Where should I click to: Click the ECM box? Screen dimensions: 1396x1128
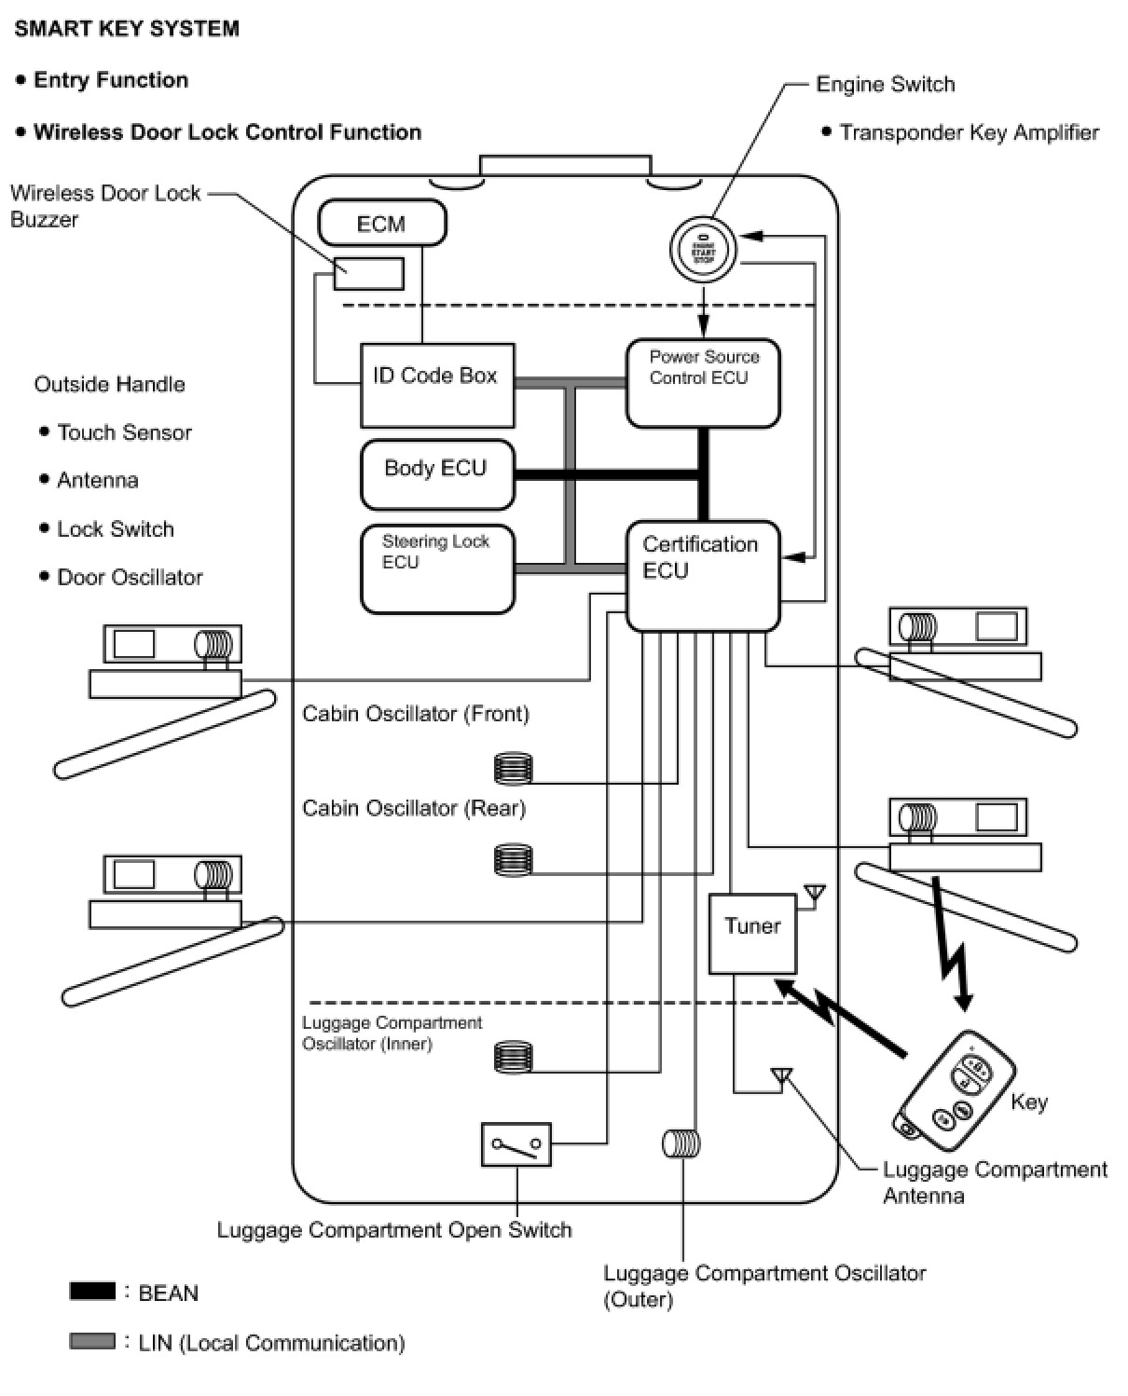coord(382,224)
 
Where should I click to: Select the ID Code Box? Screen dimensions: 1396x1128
coord(436,385)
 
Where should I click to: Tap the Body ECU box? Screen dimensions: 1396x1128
coord(437,474)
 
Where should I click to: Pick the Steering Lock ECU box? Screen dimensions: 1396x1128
coord(437,569)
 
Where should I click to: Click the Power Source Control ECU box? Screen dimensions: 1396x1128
coord(703,383)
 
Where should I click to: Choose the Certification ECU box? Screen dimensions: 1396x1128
coord(702,575)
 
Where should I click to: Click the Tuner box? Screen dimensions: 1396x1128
coord(752,934)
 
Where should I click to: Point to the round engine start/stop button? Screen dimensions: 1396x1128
coord(703,249)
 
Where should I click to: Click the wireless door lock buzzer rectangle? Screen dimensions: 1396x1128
coord(369,274)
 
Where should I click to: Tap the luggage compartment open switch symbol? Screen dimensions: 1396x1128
coord(516,1144)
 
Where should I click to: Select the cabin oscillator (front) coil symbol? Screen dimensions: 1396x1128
coord(513,769)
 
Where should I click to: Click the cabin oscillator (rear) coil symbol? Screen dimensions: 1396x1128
coord(513,859)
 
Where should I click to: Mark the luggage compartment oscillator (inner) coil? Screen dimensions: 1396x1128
coord(513,1057)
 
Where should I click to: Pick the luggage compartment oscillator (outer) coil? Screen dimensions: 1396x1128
coord(681,1143)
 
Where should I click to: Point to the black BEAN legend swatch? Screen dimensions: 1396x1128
coord(92,1292)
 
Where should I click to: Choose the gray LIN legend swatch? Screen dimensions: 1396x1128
coord(92,1341)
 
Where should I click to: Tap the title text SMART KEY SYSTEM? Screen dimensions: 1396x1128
coord(127,29)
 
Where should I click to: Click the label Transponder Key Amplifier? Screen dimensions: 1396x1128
coord(969,132)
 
